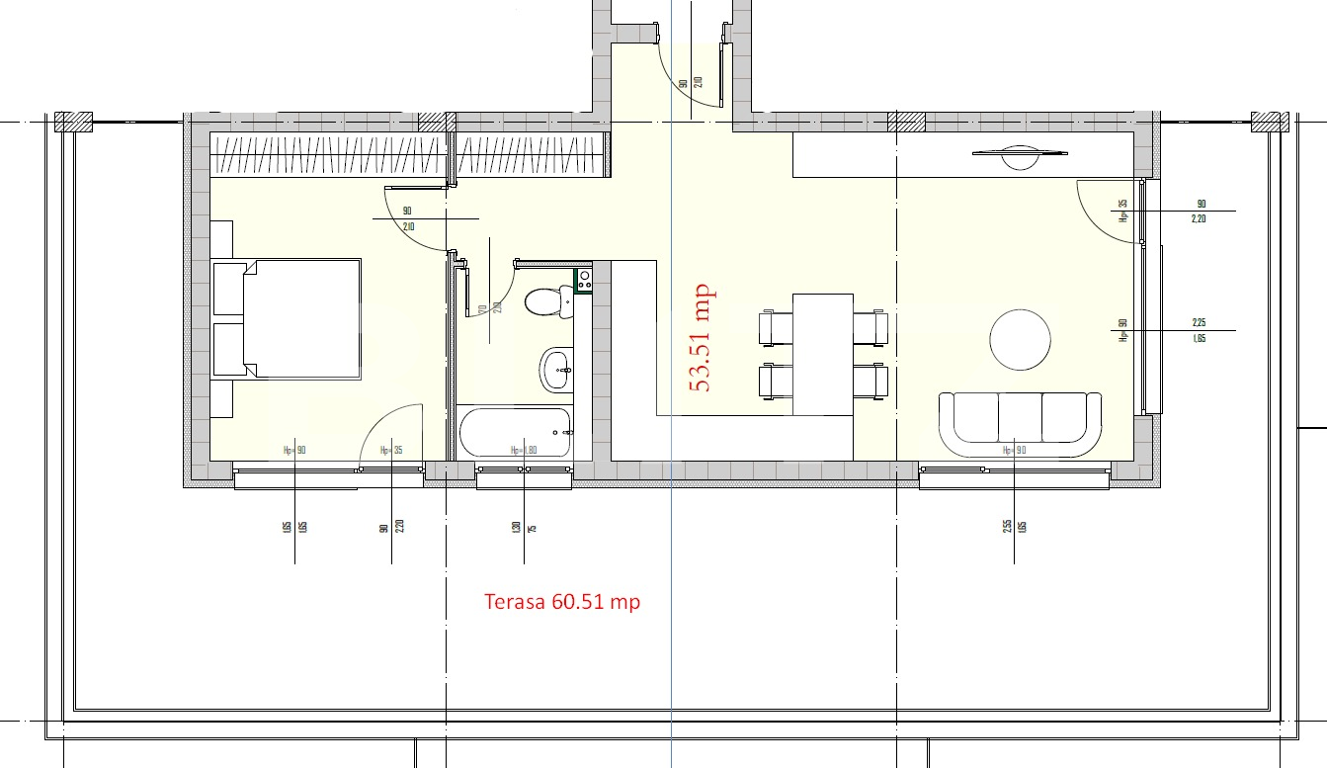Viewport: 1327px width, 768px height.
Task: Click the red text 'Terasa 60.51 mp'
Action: pyautogui.click(x=562, y=601)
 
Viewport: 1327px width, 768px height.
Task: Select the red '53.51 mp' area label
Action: pyautogui.click(x=703, y=338)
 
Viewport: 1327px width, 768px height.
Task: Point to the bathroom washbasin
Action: pyautogui.click(x=556, y=370)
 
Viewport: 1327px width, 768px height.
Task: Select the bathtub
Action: pyautogui.click(x=515, y=433)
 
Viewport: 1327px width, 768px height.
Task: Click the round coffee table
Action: pyautogui.click(x=1021, y=340)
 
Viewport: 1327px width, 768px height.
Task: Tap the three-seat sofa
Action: pyautogui.click(x=1020, y=423)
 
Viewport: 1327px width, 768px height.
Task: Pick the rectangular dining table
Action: pyautogui.click(x=822, y=354)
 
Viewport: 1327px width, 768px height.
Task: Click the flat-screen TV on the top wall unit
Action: pyautogui.click(x=1020, y=152)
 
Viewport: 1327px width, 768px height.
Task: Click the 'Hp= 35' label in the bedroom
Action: pyautogui.click(x=391, y=450)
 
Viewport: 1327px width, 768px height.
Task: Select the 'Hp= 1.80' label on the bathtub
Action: pyautogui.click(x=524, y=450)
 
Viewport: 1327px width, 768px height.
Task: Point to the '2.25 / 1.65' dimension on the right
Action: pyautogui.click(x=1200, y=329)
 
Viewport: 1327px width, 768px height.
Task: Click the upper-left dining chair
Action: pyautogui.click(x=775, y=328)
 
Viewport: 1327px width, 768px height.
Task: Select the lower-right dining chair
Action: pyautogui.click(x=871, y=382)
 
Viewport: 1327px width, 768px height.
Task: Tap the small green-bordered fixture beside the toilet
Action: pyautogui.click(x=584, y=280)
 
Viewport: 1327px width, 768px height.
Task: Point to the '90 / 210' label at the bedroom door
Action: pyautogui.click(x=407, y=218)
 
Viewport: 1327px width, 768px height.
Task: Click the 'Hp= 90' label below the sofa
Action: pyautogui.click(x=1015, y=450)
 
